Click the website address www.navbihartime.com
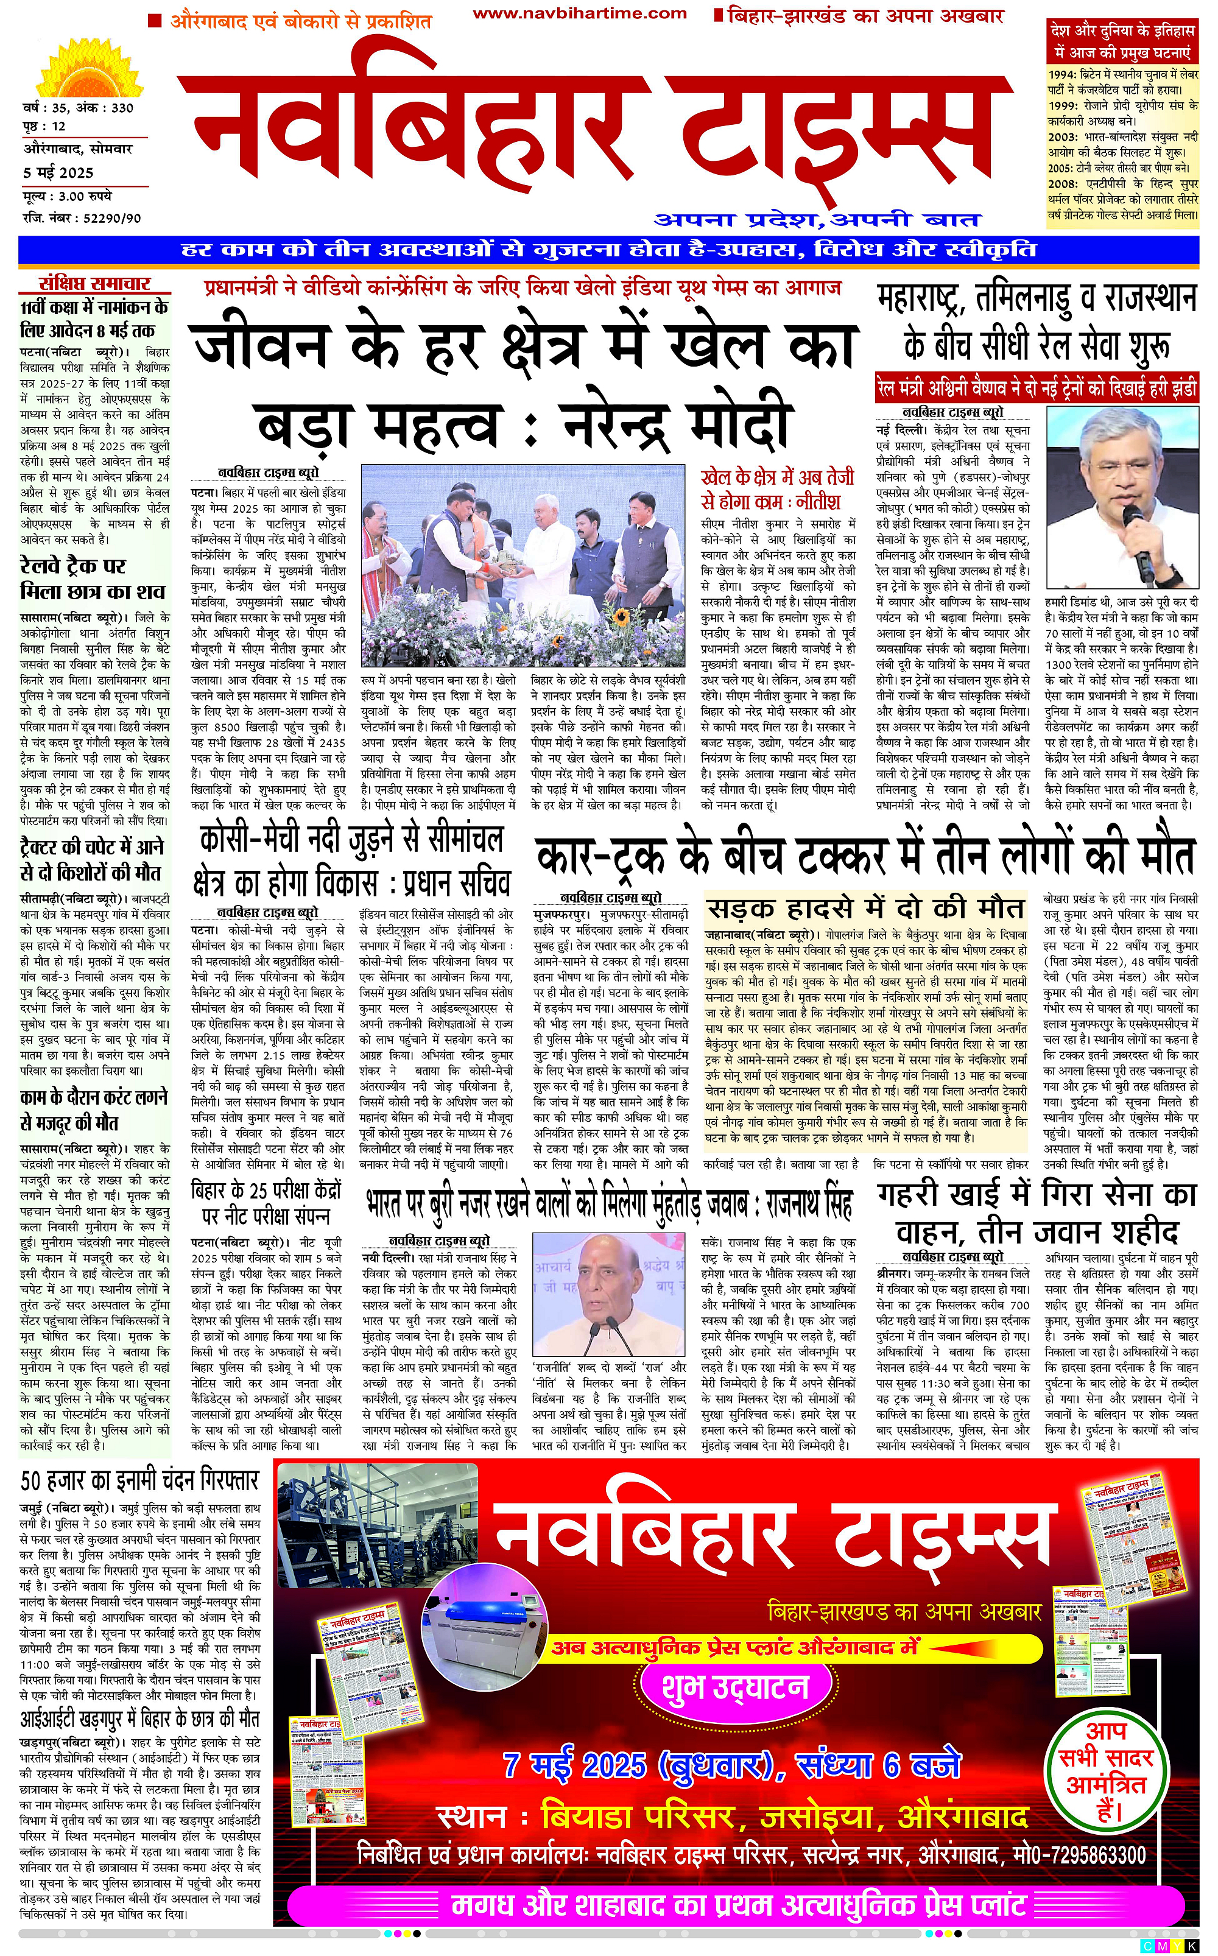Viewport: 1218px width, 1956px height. [x=579, y=13]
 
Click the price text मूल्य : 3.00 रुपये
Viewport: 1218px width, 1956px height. [x=68, y=195]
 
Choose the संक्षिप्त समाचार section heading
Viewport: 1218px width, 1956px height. [x=95, y=283]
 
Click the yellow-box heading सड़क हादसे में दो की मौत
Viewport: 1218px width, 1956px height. [x=865, y=909]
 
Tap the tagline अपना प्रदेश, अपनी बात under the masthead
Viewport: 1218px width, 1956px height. [x=816, y=219]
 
